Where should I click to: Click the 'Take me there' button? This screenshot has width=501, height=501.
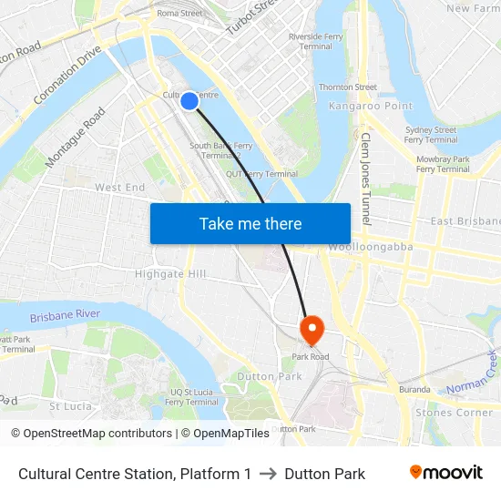[250, 223]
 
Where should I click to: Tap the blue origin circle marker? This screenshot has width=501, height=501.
[189, 101]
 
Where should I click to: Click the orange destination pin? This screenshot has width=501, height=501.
[312, 330]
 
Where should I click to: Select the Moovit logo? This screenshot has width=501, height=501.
[446, 473]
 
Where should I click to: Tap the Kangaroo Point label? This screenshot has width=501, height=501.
[359, 107]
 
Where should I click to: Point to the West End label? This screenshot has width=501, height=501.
[120, 187]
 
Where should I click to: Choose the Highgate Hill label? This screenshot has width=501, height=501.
[170, 273]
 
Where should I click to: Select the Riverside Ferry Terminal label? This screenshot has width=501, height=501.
[314, 41]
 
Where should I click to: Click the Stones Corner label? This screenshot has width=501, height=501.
[454, 413]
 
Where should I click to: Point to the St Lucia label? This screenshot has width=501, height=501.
[69, 405]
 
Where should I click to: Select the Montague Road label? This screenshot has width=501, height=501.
[76, 138]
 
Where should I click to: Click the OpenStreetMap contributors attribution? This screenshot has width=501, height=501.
[92, 434]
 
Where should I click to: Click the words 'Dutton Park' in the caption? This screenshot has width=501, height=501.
[324, 474]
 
